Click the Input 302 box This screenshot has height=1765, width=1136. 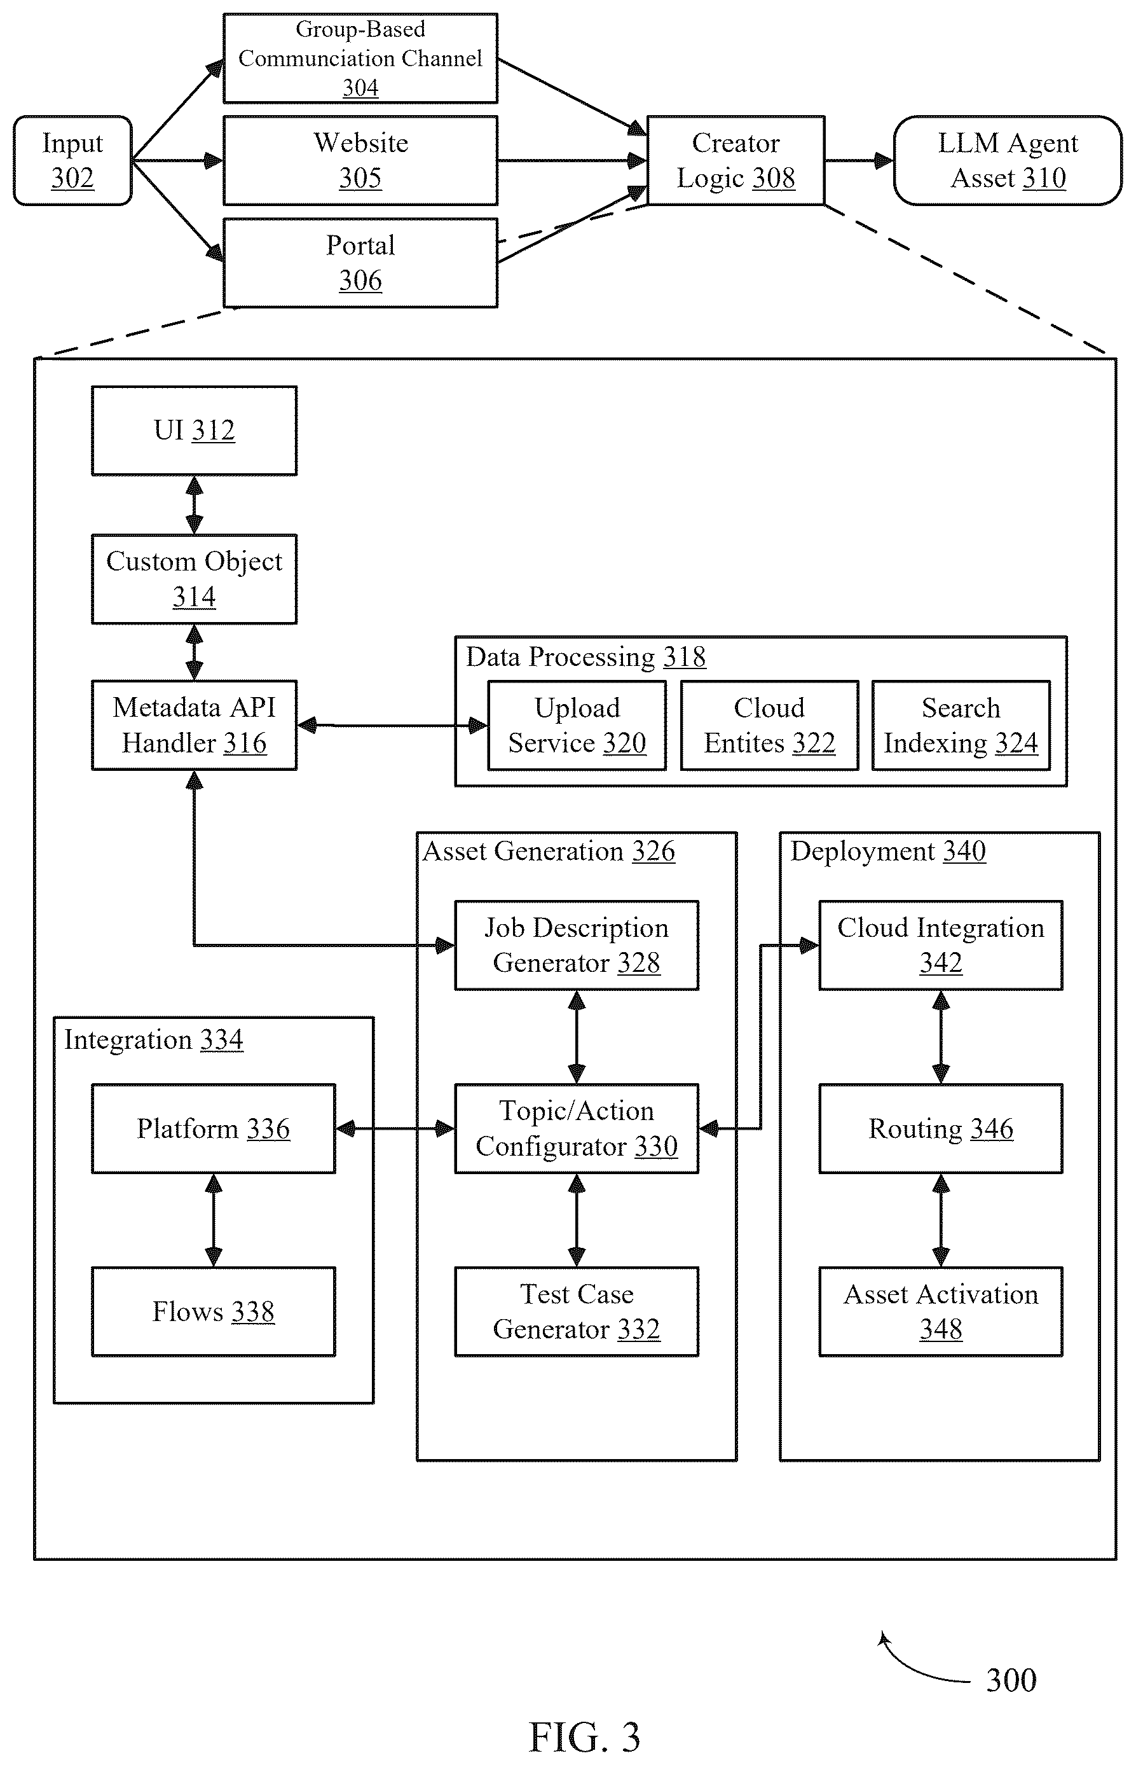tap(72, 160)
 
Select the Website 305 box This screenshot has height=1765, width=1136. tap(360, 160)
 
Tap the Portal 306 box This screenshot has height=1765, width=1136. tap(360, 263)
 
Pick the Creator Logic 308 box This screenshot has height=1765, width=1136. tap(736, 160)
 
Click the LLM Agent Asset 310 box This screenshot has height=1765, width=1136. tap(1008, 160)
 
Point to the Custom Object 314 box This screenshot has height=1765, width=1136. tap(194, 579)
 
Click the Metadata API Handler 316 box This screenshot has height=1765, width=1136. tap(194, 725)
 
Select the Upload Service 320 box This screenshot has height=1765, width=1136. tap(577, 725)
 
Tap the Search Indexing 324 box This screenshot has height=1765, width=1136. tap(961, 725)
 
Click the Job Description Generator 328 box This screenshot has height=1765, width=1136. tap(576, 945)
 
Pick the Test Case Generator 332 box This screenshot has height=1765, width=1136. tap(576, 1312)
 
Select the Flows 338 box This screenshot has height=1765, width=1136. tap(213, 1312)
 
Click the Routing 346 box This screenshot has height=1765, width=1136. tap(940, 1128)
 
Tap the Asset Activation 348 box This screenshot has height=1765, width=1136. tap(940, 1312)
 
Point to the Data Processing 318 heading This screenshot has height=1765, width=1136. tap(585, 657)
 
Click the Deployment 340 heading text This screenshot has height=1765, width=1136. tap(888, 852)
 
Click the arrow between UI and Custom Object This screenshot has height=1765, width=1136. tap(194, 505)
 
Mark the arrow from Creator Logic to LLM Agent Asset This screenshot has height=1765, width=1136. tap(859, 160)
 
